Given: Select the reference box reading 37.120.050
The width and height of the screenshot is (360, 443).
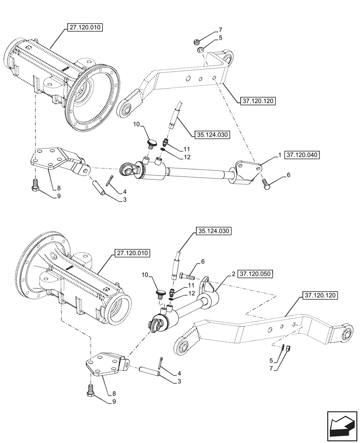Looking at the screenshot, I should click(x=256, y=274).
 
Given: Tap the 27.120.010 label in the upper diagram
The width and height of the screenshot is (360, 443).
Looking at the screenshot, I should click(x=85, y=27).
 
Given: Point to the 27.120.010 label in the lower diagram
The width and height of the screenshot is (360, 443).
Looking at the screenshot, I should click(x=133, y=253).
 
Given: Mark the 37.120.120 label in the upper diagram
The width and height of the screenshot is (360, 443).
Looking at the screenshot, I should click(x=259, y=101).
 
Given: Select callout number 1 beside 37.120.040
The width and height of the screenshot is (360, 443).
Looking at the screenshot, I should click(x=279, y=155).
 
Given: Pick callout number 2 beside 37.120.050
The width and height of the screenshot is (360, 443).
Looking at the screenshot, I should click(x=233, y=274).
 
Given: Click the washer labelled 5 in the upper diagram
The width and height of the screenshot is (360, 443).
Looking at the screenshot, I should click(x=200, y=50).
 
